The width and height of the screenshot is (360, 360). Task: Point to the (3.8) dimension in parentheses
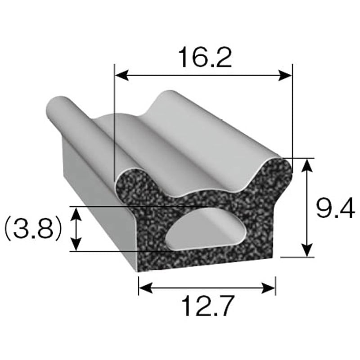pyautogui.click(x=32, y=229)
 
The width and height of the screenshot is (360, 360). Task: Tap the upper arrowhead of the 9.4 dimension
pyautogui.click(x=307, y=165)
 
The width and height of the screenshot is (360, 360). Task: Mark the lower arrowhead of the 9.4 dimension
pyautogui.click(x=307, y=251)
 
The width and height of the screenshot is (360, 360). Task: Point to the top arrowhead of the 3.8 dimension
pyautogui.click(x=77, y=212)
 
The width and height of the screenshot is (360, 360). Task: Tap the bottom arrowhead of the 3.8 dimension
pyautogui.click(x=77, y=245)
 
